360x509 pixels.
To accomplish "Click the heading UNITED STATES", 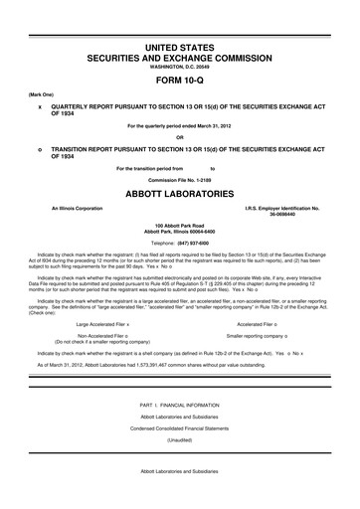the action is pos(180,48).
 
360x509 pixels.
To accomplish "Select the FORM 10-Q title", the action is pos(180,81).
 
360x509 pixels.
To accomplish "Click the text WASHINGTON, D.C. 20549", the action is pos(180,68).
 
